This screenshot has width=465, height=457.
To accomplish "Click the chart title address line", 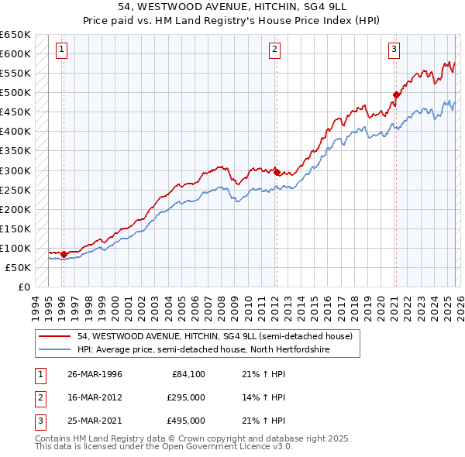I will coord(232,7).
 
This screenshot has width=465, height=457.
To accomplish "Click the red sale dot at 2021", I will coord(396,95).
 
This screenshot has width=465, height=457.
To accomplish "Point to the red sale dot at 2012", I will coord(277,172).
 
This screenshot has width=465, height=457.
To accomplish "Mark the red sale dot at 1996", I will coord(64,254).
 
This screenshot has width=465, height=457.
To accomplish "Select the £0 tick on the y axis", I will coord(24,287).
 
